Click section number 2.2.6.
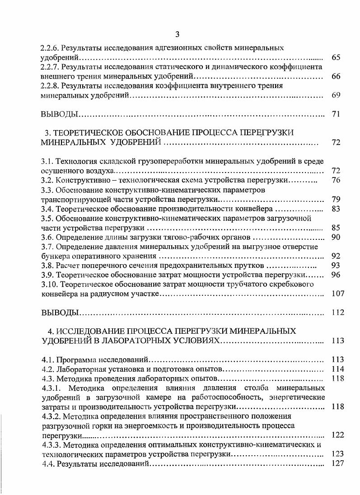pyautogui.click(x=50, y=47)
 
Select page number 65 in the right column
pyautogui.click(x=336, y=57)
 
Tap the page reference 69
pyautogui.click(x=336, y=95)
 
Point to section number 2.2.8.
pyautogui.click(x=50, y=85)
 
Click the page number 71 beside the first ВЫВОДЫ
pyautogui.click(x=336, y=114)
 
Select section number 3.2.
pyautogui.click(x=47, y=181)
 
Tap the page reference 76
pyautogui.click(x=336, y=181)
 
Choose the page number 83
pyautogui.click(x=336, y=209)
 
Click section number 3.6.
pyautogui.click(x=47, y=237)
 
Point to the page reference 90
pyautogui.click(x=336, y=237)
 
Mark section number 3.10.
pyautogui.click(x=49, y=284)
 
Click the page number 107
pyautogui.click(x=337, y=294)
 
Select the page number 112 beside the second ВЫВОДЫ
pyautogui.click(x=337, y=313)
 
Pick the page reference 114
pyautogui.click(x=337, y=369)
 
